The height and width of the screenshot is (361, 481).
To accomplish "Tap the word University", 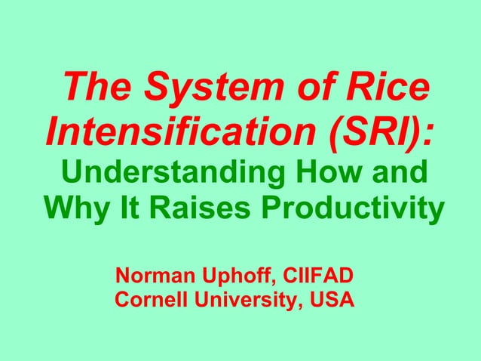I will pos(244,300).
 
